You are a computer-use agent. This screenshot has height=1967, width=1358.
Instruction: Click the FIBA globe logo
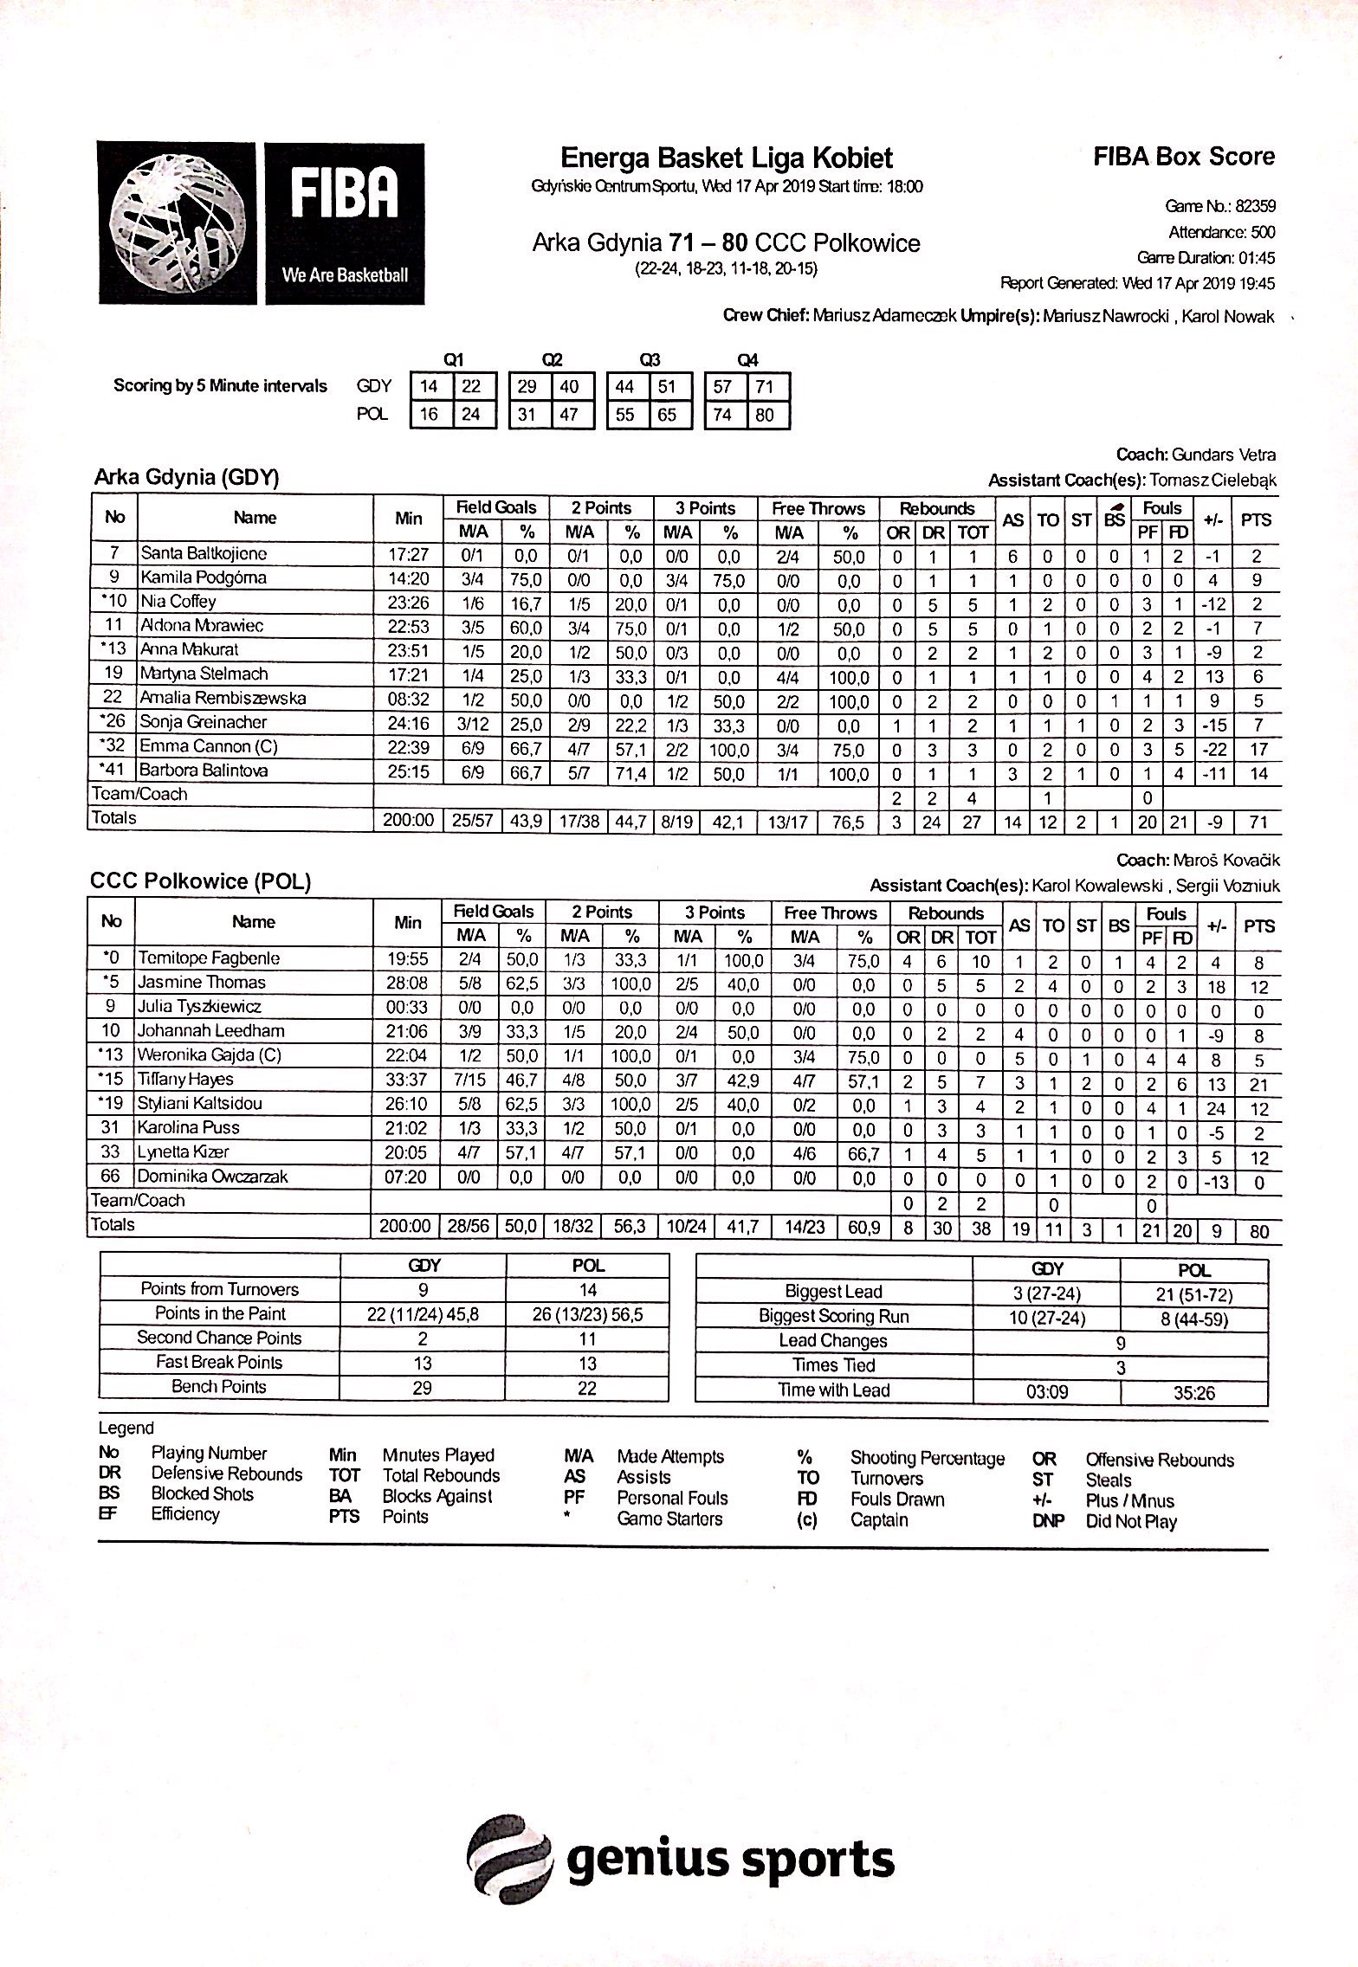pyautogui.click(x=180, y=222)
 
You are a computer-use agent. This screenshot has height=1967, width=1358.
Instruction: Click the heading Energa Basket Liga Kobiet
pyautogui.click(x=726, y=158)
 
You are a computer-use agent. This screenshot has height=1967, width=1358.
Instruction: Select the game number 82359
pyautogui.click(x=1255, y=207)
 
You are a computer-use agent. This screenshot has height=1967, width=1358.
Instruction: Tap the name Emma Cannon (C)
pyautogui.click(x=209, y=746)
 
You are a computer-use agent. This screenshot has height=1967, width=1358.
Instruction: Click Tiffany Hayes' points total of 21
pyautogui.click(x=1258, y=1085)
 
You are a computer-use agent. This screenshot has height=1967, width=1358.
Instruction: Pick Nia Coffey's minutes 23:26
pyautogui.click(x=408, y=602)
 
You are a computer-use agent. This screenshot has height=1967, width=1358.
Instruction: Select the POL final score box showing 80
pyautogui.click(x=764, y=415)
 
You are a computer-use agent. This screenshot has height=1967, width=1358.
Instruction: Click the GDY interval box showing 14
pyautogui.click(x=430, y=387)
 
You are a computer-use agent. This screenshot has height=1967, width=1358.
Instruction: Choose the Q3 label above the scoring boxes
pyautogui.click(x=649, y=360)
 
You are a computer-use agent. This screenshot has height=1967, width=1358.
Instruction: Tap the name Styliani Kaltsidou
pyautogui.click(x=199, y=1104)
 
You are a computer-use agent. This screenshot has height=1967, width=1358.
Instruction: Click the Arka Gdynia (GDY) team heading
pyautogui.click(x=186, y=478)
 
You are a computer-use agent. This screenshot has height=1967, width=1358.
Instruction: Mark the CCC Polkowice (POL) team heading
pyautogui.click(x=200, y=882)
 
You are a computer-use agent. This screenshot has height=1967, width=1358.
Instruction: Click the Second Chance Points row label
pyautogui.click(x=219, y=1338)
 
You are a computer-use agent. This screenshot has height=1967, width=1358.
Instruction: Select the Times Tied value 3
pyautogui.click(x=1120, y=1369)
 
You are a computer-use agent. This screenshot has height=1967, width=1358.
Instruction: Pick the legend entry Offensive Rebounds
pyautogui.click(x=1160, y=1460)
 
